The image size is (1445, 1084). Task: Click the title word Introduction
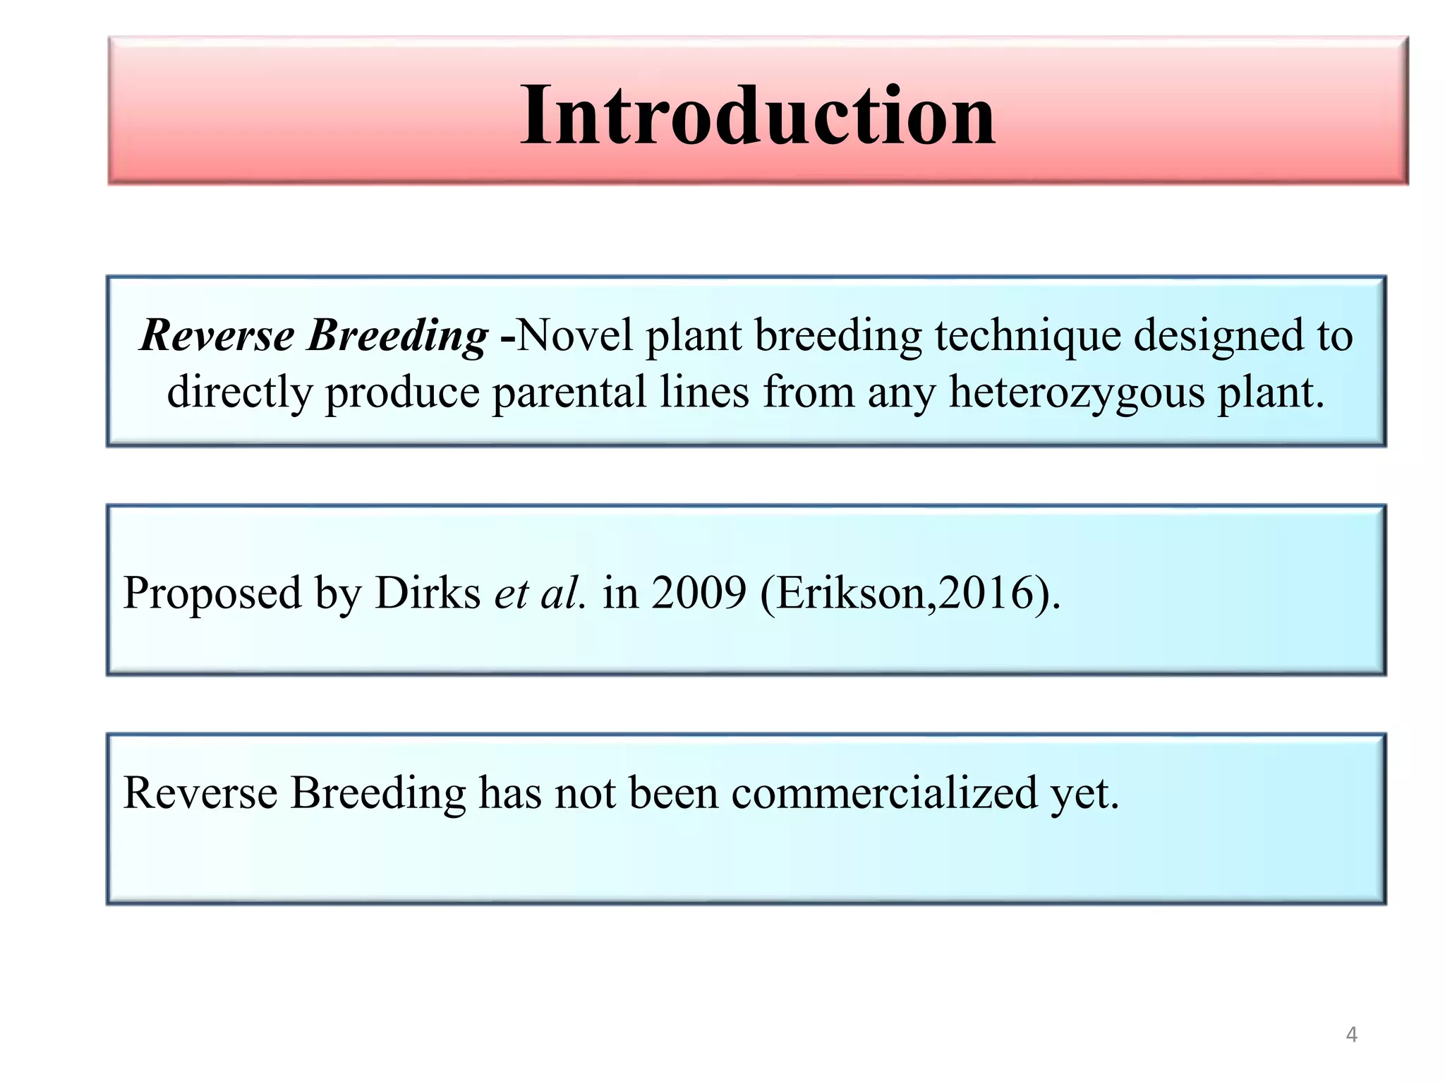tap(758, 115)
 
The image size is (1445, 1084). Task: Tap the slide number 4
tap(1351, 1035)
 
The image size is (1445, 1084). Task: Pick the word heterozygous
tap(1076, 392)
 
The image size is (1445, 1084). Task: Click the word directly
tap(239, 392)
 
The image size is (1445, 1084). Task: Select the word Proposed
tap(212, 594)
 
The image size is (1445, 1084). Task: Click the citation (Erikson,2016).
tap(910, 594)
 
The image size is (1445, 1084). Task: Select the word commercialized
tap(884, 793)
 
